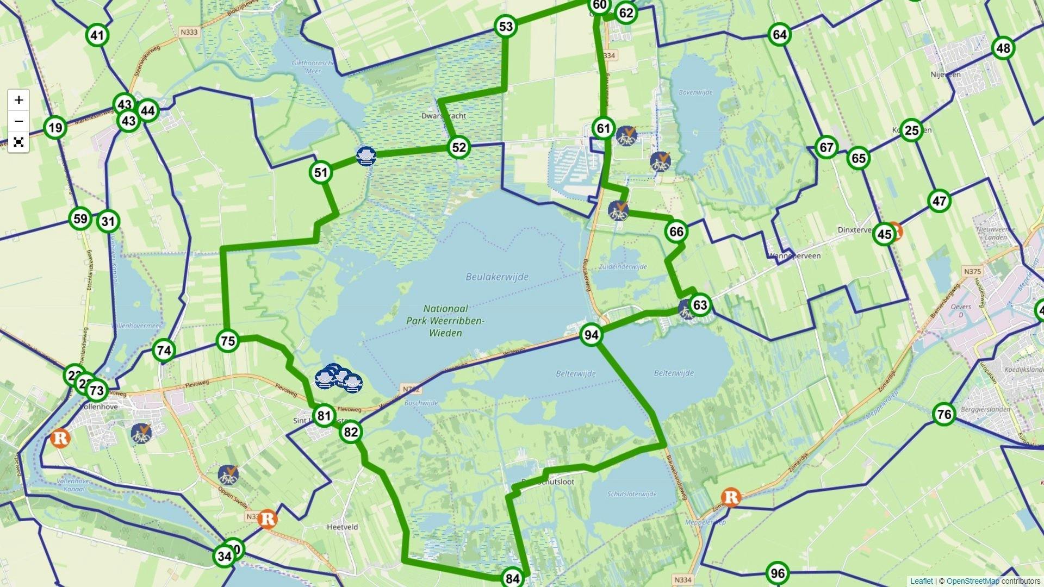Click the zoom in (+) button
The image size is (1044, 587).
[18, 100]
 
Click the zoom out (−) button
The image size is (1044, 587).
[18, 121]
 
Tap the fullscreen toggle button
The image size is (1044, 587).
[18, 142]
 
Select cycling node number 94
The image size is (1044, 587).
[591, 335]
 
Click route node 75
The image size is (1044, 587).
[228, 341]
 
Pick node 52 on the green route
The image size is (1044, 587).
[459, 147]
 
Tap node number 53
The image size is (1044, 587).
[506, 26]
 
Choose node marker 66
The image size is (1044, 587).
[676, 232]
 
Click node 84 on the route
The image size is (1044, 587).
[512, 578]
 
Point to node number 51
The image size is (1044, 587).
[321, 173]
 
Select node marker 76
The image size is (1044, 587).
[944, 415]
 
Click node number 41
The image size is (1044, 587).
[97, 36]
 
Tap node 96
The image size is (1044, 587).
[778, 573]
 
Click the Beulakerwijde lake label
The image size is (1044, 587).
[497, 277]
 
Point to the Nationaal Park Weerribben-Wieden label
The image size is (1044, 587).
[445, 321]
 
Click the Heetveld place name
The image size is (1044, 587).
[343, 527]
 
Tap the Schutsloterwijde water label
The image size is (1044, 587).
[631, 494]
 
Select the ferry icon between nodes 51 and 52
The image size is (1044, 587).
[366, 156]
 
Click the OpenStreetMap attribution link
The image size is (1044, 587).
[972, 581]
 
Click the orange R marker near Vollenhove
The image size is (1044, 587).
[60, 438]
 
